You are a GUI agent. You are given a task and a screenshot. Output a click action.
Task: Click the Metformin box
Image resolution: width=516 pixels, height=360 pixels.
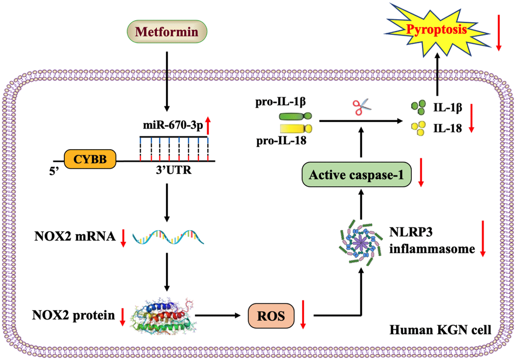(x=167, y=33)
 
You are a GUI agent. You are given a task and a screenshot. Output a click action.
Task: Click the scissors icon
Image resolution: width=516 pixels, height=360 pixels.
(x=360, y=107)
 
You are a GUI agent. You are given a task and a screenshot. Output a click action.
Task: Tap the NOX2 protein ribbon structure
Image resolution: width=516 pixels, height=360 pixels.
(x=162, y=317)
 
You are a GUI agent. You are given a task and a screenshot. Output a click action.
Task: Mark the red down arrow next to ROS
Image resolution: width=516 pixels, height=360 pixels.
(x=303, y=313)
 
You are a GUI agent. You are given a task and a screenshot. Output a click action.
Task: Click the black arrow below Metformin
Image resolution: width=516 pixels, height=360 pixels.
(x=167, y=81)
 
